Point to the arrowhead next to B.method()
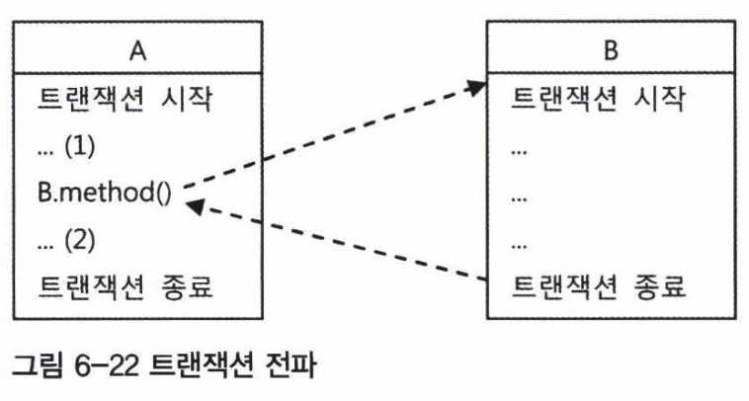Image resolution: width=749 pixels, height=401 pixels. pos(195,205)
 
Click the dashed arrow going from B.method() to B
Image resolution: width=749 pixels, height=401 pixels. pos(326,138)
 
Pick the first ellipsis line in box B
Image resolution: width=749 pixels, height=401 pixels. pos(518,148)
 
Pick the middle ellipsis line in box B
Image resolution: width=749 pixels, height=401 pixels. pos(518,196)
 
